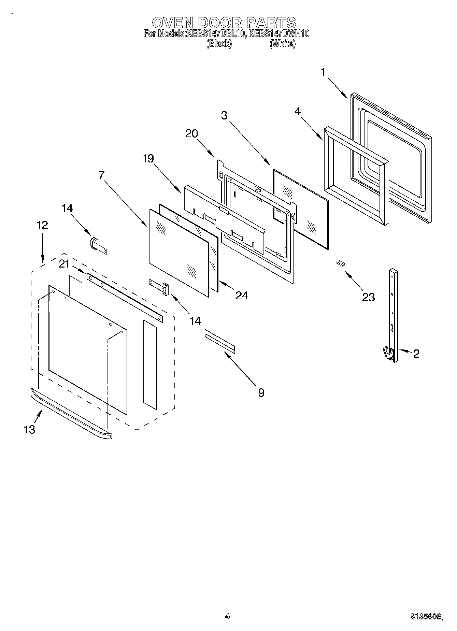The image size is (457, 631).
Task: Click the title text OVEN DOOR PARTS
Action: tap(224, 23)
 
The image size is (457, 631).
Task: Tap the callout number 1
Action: tap(323, 73)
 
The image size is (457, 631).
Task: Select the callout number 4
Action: tap(298, 112)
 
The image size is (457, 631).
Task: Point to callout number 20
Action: tap(191, 133)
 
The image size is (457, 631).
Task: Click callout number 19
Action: tap(148, 158)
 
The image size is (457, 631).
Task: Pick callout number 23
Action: tap(368, 297)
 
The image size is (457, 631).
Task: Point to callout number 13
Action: tap(30, 429)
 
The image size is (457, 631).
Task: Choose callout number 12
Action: tap(42, 225)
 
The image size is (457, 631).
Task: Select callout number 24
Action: tap(242, 295)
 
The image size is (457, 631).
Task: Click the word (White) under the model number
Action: tap(282, 43)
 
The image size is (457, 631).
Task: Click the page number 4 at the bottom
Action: tap(227, 616)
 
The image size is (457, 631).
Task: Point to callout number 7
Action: tap(101, 175)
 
